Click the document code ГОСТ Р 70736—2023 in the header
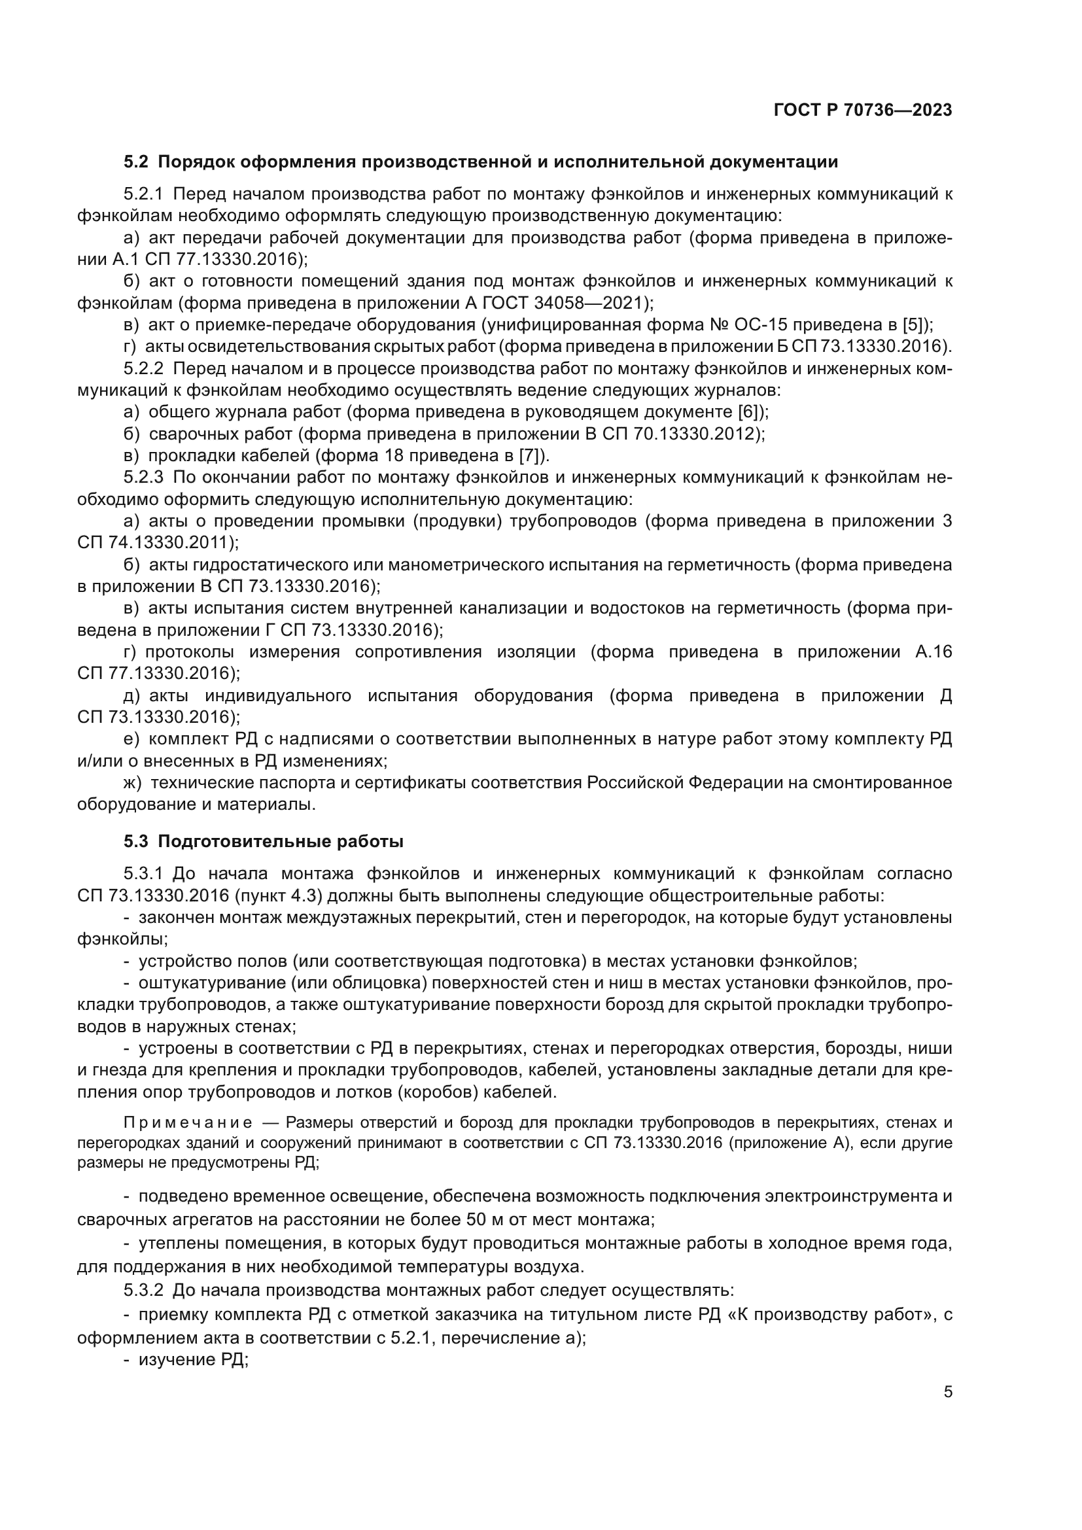(863, 111)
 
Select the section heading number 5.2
(136, 162)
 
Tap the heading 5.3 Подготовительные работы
(263, 842)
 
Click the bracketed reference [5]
(915, 325)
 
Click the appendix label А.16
(934, 652)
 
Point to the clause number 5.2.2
(143, 368)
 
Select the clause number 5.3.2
(143, 1291)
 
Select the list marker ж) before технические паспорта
(133, 782)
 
